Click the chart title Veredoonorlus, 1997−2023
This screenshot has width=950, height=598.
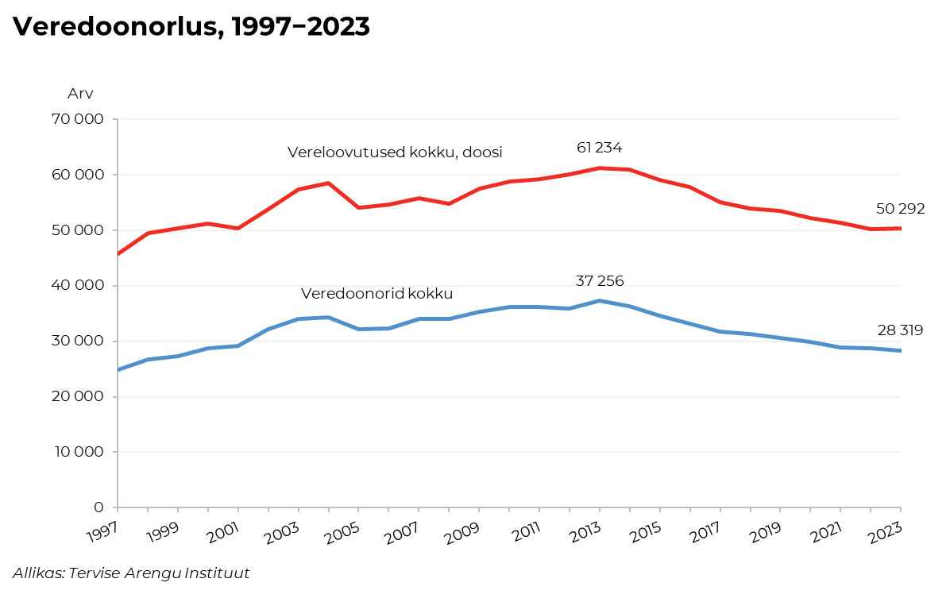tap(191, 27)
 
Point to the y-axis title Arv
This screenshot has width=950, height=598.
tap(80, 94)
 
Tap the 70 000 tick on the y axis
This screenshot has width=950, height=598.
tap(76, 120)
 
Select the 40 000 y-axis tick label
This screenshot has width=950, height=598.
tap(76, 286)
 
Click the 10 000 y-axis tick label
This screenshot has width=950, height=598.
tap(76, 452)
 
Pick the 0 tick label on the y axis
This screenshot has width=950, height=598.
tap(98, 507)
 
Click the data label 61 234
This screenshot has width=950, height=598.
tap(599, 148)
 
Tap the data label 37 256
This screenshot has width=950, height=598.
tap(599, 281)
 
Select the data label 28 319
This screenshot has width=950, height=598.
tap(900, 330)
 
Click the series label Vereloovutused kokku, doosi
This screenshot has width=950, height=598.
tap(395, 152)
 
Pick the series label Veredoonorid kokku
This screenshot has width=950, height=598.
tap(377, 294)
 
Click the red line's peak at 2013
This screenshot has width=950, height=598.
tap(600, 168)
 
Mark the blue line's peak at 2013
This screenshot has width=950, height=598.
tap(600, 301)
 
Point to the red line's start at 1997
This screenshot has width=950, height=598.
tap(118, 253)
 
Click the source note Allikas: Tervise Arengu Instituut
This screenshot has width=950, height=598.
tap(131, 573)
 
